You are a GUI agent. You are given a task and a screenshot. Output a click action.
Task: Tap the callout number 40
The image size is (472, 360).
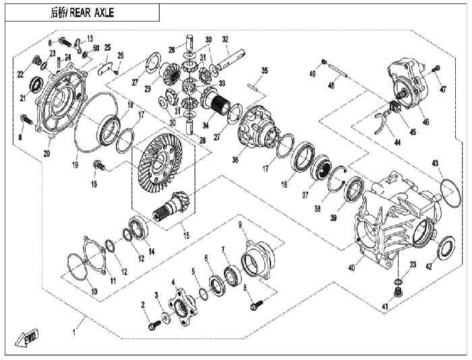point(351,267)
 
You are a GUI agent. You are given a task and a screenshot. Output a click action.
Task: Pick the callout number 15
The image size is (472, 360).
point(187,235)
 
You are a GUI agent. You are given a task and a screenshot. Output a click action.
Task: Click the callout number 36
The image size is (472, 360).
point(235,160)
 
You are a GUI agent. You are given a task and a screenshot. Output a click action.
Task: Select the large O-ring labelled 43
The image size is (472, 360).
point(450,193)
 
